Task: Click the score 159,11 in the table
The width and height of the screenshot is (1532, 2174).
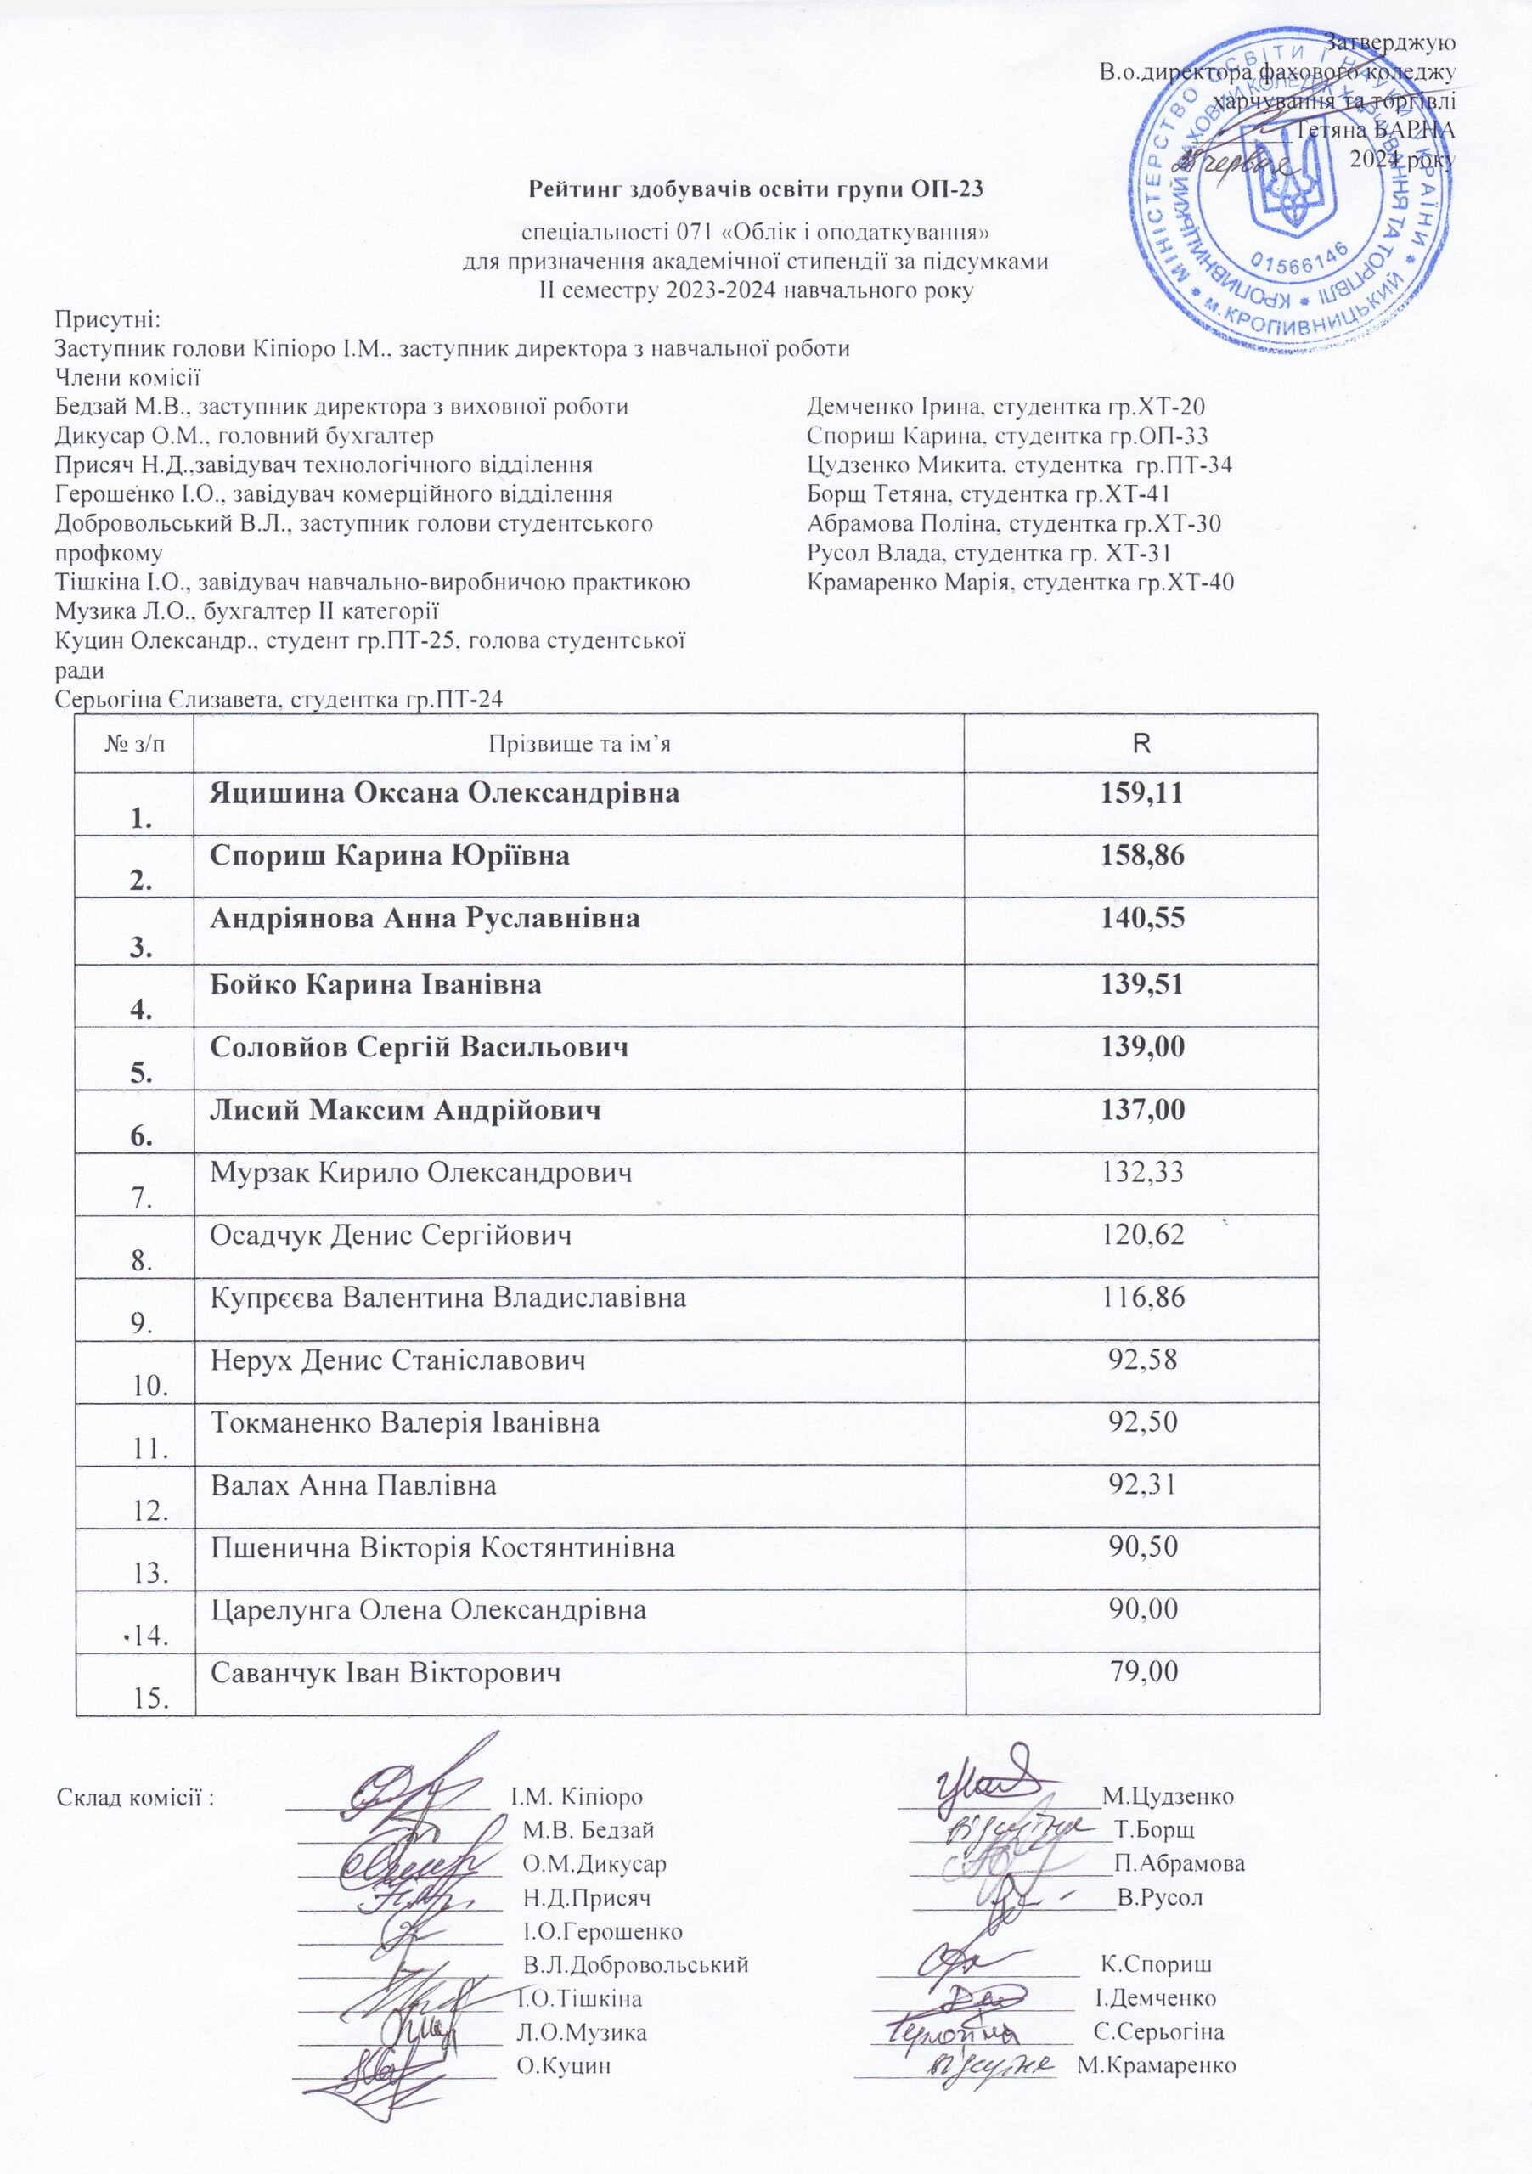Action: click(1142, 792)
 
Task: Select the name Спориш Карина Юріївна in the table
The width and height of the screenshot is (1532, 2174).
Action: click(390, 856)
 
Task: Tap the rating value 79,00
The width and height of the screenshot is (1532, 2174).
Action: click(1143, 1672)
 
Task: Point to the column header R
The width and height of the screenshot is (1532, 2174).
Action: click(1142, 742)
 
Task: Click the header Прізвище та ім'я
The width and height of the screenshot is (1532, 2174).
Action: click(578, 743)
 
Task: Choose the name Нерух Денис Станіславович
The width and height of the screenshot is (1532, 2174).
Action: click(397, 1360)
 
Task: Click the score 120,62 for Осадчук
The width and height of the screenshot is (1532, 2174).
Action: click(1143, 1235)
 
